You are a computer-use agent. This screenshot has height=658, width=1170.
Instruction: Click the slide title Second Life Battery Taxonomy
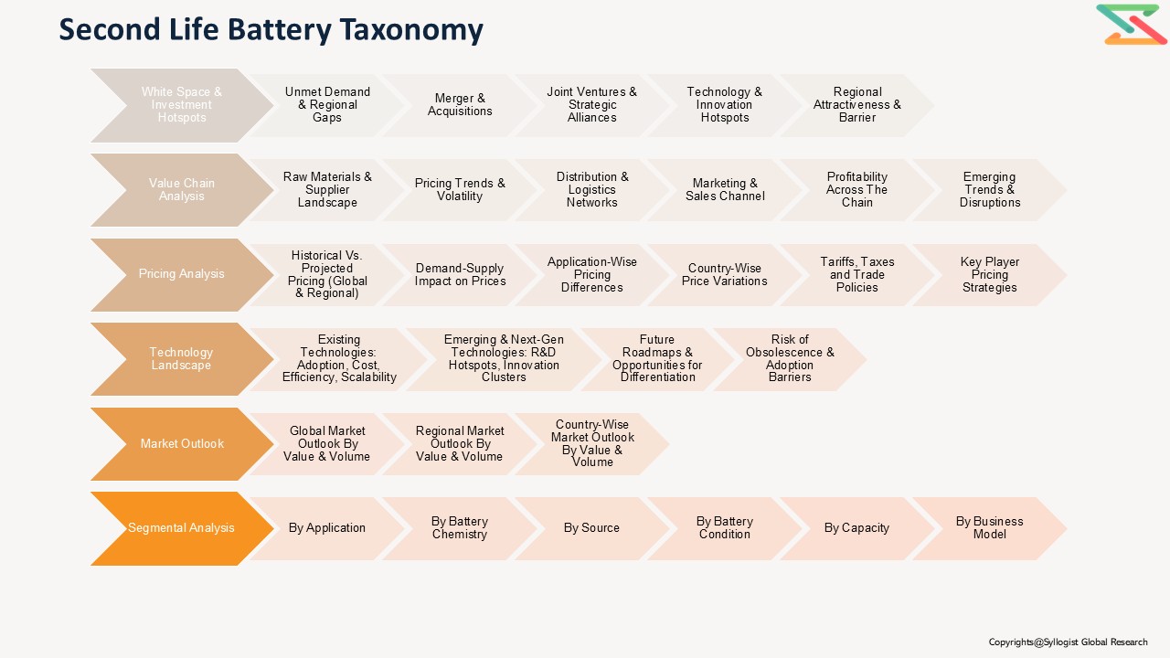pos(271,29)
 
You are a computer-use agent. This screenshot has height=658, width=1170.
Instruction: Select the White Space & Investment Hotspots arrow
pos(181,105)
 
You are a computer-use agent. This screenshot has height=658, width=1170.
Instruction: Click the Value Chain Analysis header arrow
pos(181,190)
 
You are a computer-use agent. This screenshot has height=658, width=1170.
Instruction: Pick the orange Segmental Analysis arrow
pos(181,528)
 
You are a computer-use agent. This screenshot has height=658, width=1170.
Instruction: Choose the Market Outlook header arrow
pos(181,444)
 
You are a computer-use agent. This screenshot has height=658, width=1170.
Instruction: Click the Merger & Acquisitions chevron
pos(460,105)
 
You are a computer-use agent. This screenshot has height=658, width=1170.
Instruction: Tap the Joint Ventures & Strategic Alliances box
pos(592,105)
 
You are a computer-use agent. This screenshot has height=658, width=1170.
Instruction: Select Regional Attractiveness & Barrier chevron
pos(857,105)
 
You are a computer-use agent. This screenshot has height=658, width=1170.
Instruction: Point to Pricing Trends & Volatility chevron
pos(460,190)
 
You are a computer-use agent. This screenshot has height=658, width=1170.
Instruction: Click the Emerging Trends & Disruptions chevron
pos(990,190)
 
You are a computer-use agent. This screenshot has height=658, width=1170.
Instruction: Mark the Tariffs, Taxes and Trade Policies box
pos(857,274)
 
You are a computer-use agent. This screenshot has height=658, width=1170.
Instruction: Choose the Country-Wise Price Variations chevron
pos(725,274)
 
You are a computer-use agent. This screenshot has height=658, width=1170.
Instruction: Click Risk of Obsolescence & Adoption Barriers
pos(790,359)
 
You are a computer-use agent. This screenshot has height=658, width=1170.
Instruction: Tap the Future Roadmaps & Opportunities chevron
pos(657,359)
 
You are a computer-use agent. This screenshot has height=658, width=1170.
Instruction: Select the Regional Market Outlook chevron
pos(460,444)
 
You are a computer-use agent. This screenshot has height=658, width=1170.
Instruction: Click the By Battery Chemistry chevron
pos(460,528)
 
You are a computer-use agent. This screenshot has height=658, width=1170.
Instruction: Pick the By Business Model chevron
pos(990,528)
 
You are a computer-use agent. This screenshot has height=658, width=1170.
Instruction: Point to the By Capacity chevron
pos(857,528)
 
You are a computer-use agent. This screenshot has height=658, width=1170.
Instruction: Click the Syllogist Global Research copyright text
pos(1068,642)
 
